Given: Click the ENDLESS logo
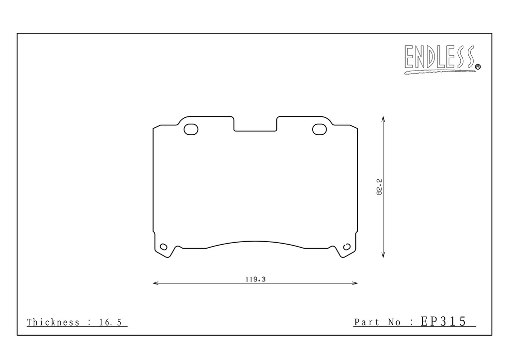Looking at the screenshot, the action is coord(442,59).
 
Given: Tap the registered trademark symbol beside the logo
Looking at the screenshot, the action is coord(478,67).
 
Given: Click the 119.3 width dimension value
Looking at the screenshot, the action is coord(255,279).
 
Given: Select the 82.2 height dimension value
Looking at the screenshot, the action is coord(379,186).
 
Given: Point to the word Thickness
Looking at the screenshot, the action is coord(53,322).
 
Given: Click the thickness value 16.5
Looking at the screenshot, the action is coord(110,322).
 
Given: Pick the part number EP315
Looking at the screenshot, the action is coord(443,321).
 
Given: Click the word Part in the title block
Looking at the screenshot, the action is coord(367,322).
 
